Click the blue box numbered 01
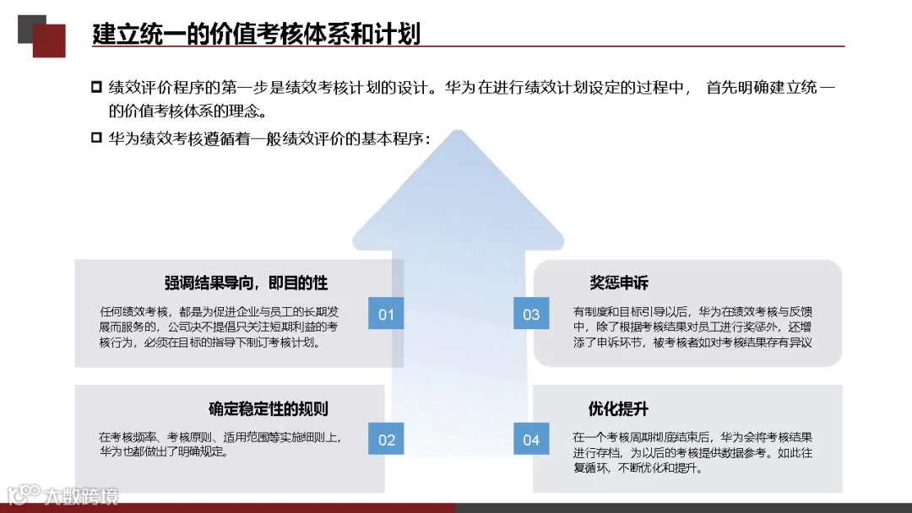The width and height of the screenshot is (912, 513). click(x=386, y=314)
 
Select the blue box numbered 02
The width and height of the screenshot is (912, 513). click(x=386, y=439)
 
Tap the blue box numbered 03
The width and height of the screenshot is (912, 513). click(x=531, y=314)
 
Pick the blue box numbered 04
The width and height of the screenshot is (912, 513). click(x=531, y=439)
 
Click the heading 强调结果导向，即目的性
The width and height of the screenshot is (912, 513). click(x=246, y=283)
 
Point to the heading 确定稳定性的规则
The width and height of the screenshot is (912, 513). click(x=269, y=409)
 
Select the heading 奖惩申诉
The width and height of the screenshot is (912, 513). click(x=619, y=283)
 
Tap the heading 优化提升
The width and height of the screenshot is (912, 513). click(x=619, y=409)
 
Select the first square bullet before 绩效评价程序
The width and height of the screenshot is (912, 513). click(x=96, y=88)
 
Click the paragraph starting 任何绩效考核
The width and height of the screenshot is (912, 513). click(x=219, y=327)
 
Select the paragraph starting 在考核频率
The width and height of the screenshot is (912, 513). click(x=220, y=444)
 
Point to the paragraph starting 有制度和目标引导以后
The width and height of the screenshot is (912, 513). click(x=692, y=327)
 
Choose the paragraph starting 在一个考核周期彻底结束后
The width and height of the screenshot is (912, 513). click(x=692, y=451)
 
